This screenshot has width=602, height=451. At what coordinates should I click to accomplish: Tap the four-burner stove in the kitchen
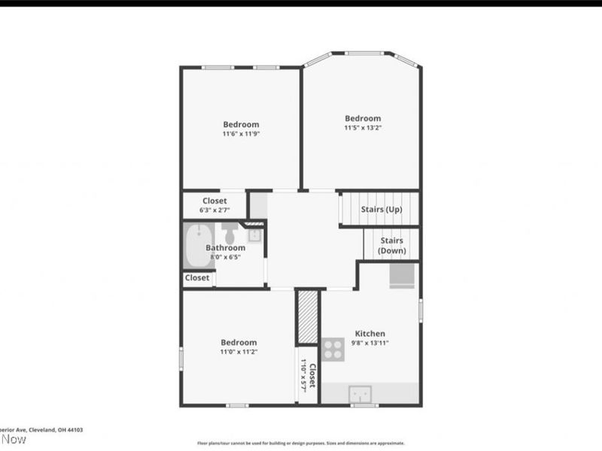(x=333, y=350)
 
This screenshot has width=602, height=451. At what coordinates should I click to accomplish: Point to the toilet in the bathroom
(x=230, y=229)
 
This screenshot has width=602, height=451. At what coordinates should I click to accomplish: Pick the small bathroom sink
(x=254, y=234)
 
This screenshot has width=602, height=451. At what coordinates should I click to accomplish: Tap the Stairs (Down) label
(x=391, y=245)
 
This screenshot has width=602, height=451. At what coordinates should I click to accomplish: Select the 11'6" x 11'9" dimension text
(x=241, y=134)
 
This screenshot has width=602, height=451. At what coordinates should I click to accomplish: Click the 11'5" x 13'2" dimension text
(x=363, y=128)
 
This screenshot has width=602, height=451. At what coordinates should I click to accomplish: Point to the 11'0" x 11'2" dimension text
(x=239, y=352)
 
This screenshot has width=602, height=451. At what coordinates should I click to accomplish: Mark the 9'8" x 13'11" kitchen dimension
(x=370, y=343)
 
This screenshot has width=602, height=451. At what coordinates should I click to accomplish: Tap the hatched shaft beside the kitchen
(x=307, y=317)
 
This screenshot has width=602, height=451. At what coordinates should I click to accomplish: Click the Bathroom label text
(x=226, y=247)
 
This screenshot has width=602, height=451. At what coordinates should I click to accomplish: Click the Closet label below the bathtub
(x=197, y=277)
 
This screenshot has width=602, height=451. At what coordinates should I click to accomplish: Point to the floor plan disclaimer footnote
(x=301, y=443)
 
